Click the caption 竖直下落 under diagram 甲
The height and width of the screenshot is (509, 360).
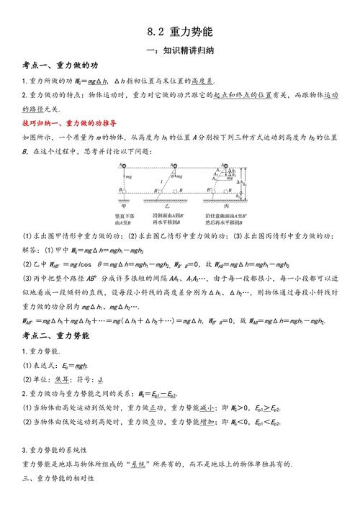tap(130, 215)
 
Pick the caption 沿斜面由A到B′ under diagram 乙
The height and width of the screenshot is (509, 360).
tap(178, 215)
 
